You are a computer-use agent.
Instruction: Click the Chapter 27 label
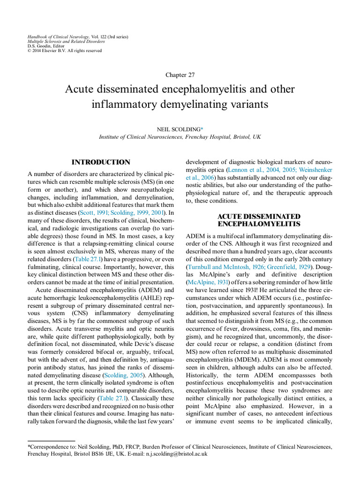tap(180, 75)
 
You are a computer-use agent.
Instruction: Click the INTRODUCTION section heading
tap(101, 162)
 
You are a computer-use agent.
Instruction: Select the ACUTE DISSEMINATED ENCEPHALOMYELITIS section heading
tap(259, 220)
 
